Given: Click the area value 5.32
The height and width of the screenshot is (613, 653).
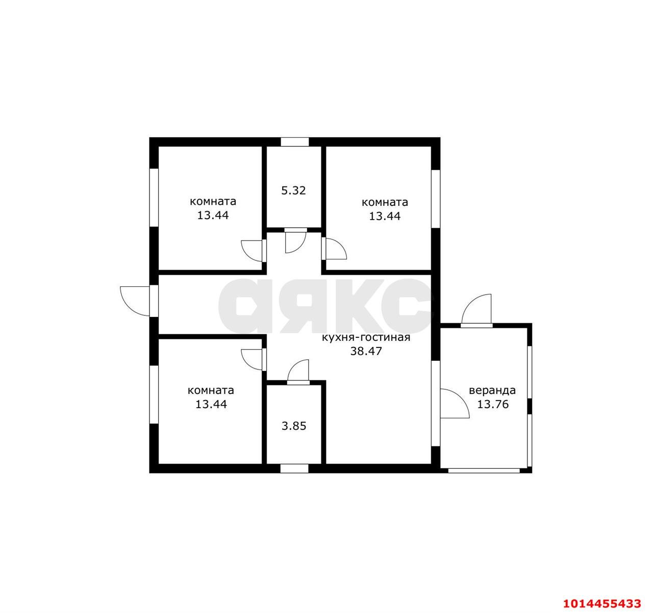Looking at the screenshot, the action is click(x=293, y=191).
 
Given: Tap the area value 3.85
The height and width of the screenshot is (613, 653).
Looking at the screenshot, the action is click(x=294, y=426).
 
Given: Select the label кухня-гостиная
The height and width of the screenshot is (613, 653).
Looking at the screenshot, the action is click(x=366, y=337).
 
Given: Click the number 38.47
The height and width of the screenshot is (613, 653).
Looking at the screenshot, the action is click(x=366, y=351).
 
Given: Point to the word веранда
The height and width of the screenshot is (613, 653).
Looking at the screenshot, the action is click(x=492, y=390).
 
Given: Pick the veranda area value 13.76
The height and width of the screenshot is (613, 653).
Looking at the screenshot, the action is click(x=492, y=404).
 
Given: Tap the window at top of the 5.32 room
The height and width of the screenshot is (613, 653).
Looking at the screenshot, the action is click(x=294, y=142).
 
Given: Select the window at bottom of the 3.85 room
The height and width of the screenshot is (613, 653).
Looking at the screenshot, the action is click(x=294, y=468).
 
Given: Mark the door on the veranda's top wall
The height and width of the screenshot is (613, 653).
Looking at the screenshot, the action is click(x=476, y=311).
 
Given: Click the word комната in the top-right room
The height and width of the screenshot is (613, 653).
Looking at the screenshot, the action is click(x=385, y=202).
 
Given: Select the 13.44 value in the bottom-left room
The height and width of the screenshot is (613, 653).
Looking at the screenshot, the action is click(x=211, y=404).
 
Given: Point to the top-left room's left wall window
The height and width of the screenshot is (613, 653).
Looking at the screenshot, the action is click(x=154, y=198).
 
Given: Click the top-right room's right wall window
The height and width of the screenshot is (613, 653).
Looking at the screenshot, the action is click(x=436, y=199).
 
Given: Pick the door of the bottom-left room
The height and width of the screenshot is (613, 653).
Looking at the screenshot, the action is click(x=253, y=360).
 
